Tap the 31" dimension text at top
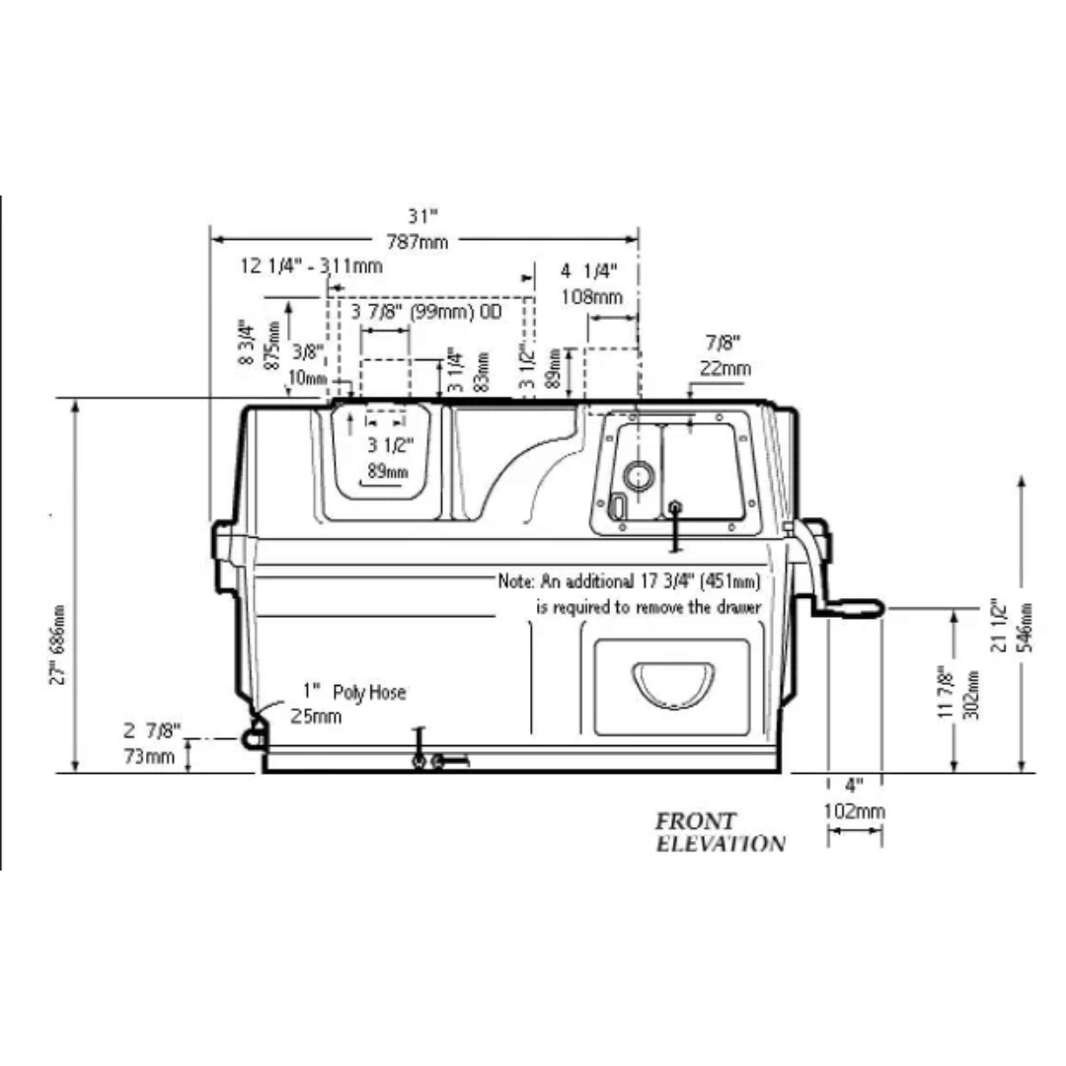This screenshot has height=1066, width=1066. pos(422,216)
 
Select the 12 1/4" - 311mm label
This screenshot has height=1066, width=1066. pos(312,266)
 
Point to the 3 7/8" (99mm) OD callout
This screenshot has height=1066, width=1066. pos(427,312)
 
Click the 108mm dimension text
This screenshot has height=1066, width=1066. pos(591,296)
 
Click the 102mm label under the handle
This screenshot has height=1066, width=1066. pos(855,811)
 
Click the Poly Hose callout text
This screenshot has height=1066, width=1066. pos(368,693)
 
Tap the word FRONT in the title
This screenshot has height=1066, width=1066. pos(696,821)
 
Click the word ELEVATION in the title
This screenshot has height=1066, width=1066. pos(721,844)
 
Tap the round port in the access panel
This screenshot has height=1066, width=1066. pos(639,476)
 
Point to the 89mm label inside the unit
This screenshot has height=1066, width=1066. pos(387,471)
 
